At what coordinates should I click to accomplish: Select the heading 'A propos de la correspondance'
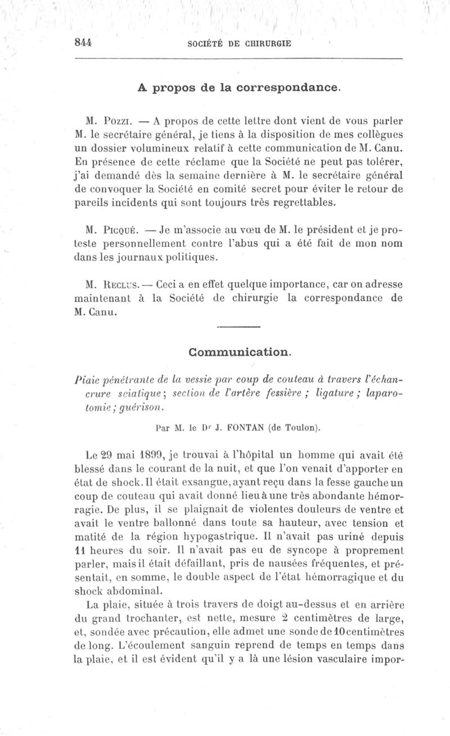pyautogui.click(x=239, y=88)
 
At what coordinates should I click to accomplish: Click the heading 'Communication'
pyautogui.click(x=240, y=353)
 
